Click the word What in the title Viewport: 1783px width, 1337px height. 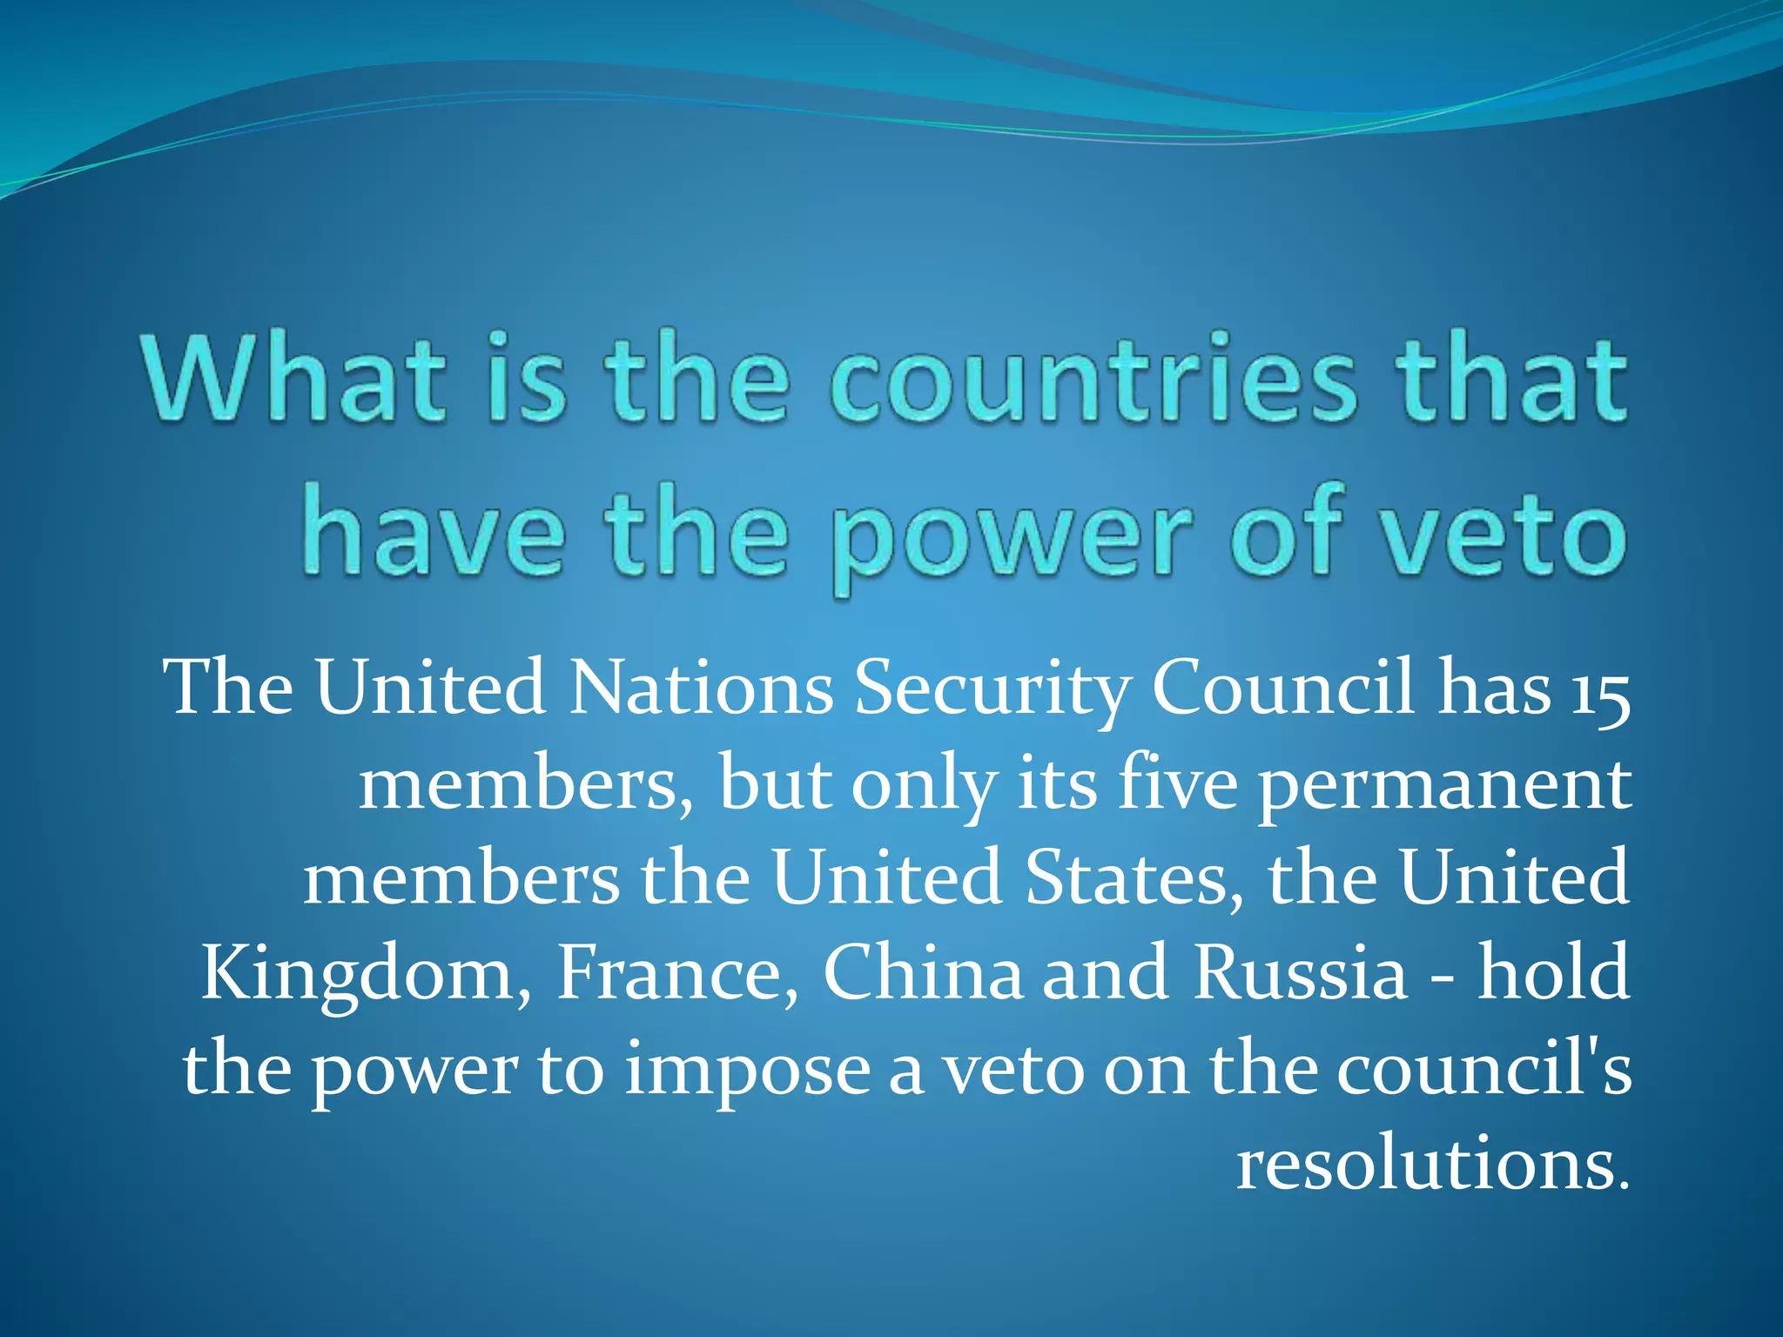pyautogui.click(x=296, y=378)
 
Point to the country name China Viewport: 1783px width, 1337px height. pyautogui.click(x=923, y=973)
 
